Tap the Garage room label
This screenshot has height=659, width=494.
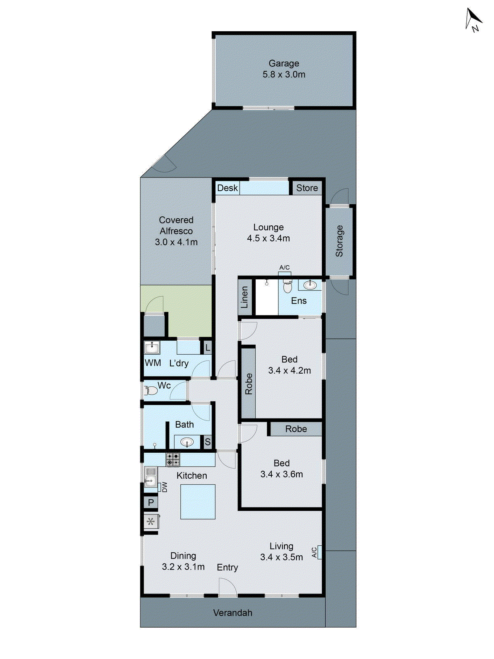pos(284,63)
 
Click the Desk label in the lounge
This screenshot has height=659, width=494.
pos(227,188)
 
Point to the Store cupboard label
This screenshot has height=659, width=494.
pos(307,188)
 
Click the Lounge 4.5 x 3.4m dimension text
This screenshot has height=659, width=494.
pos(268,238)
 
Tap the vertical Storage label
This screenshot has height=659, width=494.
pos(339,241)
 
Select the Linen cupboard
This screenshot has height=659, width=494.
pos(245,297)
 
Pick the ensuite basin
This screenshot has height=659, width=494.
pos(310,285)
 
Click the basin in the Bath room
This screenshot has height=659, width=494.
pos(187,443)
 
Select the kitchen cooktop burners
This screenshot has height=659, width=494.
pos(173,459)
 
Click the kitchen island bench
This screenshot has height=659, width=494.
pos(198,501)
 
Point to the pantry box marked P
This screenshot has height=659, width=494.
pos(151,502)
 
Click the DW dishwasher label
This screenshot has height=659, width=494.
pos(164,487)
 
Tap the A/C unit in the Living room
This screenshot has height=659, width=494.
pos(319,552)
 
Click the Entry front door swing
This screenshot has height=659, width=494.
pos(227,587)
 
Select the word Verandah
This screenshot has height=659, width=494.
pos(233,613)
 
